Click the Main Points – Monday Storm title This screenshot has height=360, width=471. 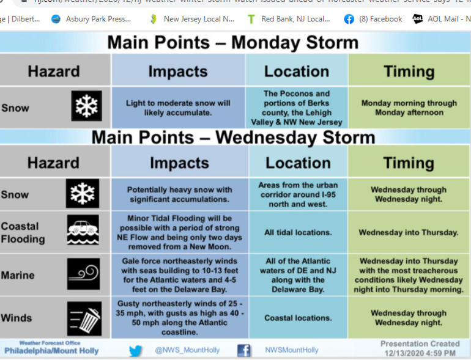point(232,43)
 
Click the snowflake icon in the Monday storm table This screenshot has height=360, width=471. point(86,106)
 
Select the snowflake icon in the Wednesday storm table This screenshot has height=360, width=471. point(82,194)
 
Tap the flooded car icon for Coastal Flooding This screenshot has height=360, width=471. point(82,231)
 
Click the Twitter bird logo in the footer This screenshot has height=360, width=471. point(136,350)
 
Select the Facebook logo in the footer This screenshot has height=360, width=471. point(243,350)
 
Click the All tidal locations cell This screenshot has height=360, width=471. point(298,232)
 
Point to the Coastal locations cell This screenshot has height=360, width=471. point(298,318)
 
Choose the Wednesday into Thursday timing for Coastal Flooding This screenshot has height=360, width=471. point(408,232)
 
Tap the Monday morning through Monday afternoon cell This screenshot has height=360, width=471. point(409,108)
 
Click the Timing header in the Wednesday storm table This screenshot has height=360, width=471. point(408,163)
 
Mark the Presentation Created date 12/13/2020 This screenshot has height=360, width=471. point(420,353)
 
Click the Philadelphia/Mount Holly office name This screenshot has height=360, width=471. point(51,351)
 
